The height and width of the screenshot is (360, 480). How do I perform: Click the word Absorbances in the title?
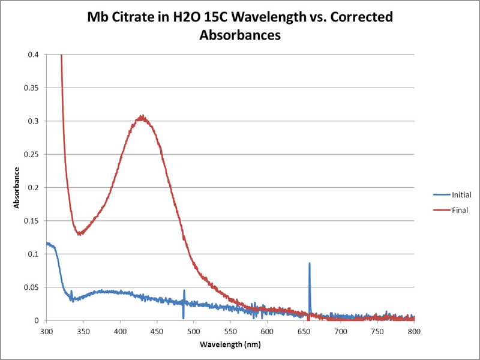[x=240, y=35]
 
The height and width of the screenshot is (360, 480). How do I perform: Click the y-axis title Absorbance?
[x=19, y=188]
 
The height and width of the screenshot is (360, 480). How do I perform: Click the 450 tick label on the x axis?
[x=157, y=331]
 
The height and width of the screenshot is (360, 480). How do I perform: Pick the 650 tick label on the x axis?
[x=304, y=331]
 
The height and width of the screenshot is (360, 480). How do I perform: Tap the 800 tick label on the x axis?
[x=414, y=331]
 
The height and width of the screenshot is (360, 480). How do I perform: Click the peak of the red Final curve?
[x=142, y=116]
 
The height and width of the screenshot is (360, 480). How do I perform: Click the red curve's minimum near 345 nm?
[x=79, y=233]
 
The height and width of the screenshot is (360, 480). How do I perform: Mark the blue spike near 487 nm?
[x=184, y=291]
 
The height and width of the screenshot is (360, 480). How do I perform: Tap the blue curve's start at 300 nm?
[x=47, y=243]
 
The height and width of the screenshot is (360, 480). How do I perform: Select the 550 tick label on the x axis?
[x=230, y=331]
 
